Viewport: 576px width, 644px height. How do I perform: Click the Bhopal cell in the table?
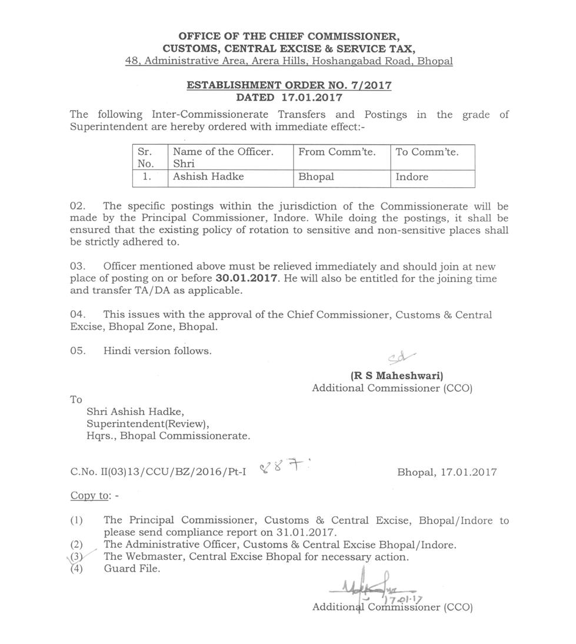pos(316,177)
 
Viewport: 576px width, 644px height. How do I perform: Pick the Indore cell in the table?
pos(412,177)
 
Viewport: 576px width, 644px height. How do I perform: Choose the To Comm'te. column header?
pos(427,152)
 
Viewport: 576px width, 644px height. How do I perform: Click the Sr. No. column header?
pos(145,158)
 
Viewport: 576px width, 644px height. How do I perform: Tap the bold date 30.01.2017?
pos(247,278)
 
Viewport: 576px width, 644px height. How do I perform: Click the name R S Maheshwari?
pos(397,376)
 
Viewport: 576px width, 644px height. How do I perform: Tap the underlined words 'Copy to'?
pos(90,496)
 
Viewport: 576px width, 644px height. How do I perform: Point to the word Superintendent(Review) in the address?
pos(148,424)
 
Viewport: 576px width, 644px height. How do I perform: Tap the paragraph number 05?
pos(78,351)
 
